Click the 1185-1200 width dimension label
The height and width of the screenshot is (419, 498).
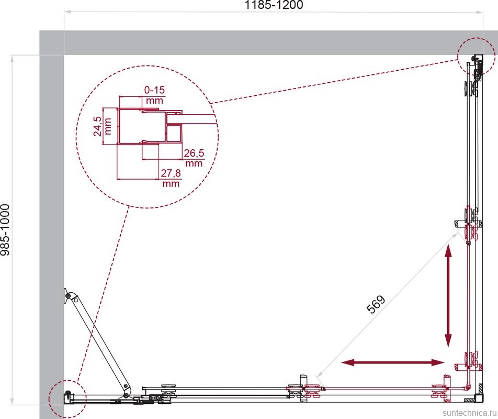[x=274, y=5]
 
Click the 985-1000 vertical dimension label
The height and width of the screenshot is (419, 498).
[x=5, y=230]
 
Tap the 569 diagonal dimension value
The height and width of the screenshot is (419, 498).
[x=376, y=304]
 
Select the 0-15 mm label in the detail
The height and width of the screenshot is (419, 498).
[x=154, y=95]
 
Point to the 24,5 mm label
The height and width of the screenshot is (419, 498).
[x=103, y=126]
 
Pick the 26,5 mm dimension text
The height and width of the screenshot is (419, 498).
[x=194, y=158]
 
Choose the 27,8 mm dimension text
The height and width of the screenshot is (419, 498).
[x=171, y=178]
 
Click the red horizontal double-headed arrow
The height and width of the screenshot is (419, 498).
[x=392, y=362]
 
